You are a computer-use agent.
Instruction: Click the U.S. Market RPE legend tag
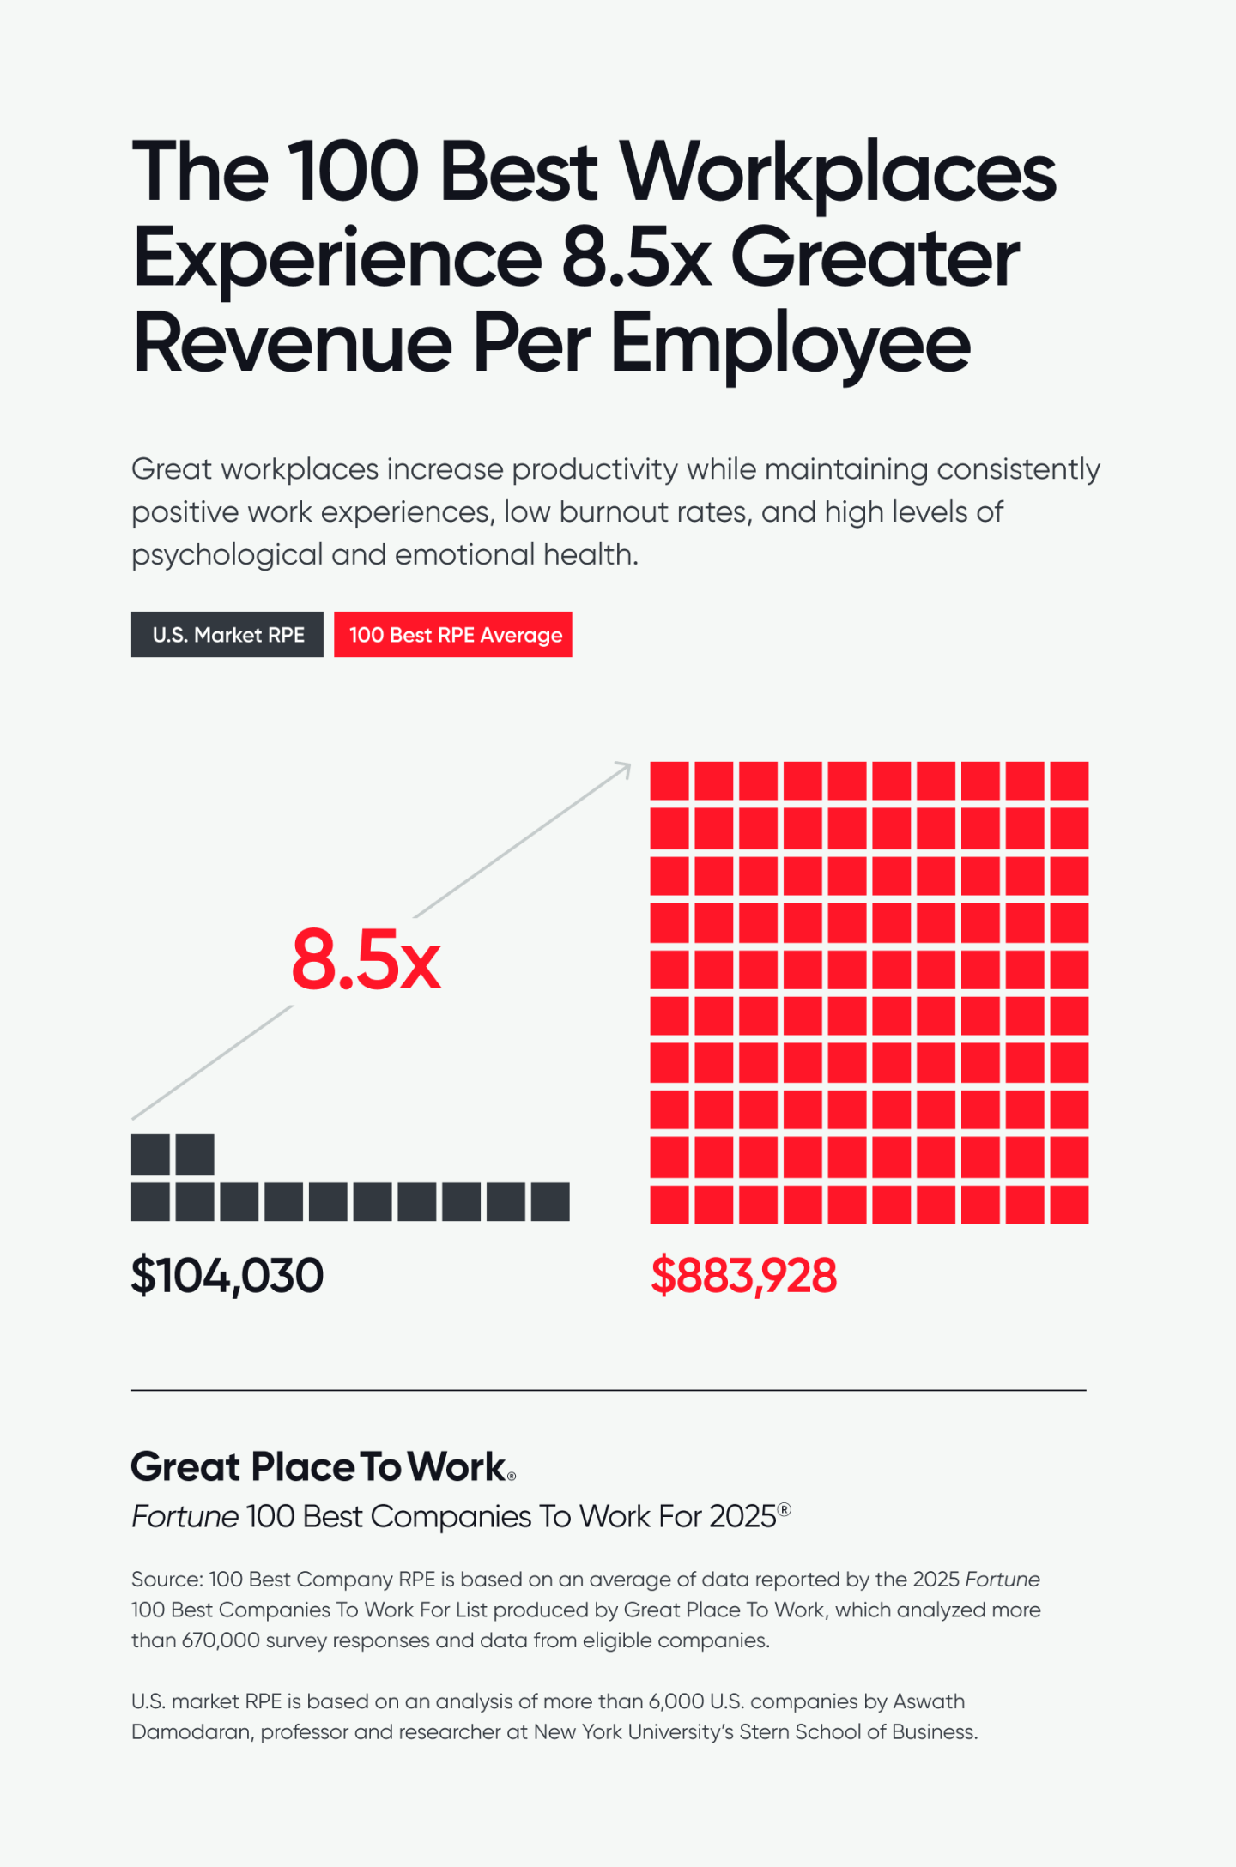[x=227, y=635]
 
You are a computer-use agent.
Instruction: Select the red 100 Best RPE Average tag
[x=453, y=635]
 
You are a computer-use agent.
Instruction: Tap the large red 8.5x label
[x=367, y=960]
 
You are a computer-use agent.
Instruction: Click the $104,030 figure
[x=227, y=1275]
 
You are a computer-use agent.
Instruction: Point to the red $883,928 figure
[x=743, y=1275]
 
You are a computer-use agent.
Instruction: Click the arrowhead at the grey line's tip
[x=625, y=768]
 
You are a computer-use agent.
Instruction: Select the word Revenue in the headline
[x=292, y=343]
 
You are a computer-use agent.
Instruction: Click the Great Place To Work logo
[x=324, y=1467]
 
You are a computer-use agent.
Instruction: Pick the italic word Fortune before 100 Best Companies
[x=185, y=1517]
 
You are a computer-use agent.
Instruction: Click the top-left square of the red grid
[x=669, y=781]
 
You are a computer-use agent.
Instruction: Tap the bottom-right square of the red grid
[x=1069, y=1204]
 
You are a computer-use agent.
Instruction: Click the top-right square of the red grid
[x=1069, y=781]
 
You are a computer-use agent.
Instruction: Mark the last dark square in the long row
[x=550, y=1201]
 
